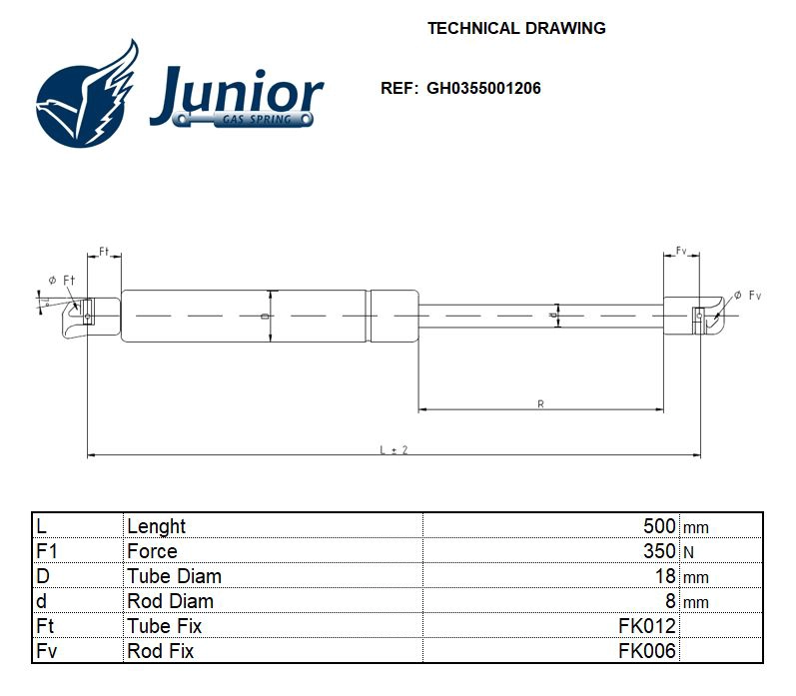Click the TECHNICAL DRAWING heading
(516, 28)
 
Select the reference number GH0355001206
(483, 88)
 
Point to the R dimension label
(540, 404)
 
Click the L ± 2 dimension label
(394, 450)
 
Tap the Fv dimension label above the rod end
(681, 251)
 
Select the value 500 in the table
(659, 526)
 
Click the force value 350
(659, 551)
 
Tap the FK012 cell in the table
(647, 626)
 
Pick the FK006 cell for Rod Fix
(647, 651)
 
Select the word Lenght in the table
(156, 526)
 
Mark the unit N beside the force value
(688, 552)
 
